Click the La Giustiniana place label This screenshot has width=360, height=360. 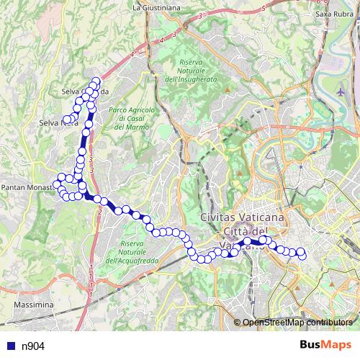click(156, 8)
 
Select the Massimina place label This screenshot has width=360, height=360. click(34, 305)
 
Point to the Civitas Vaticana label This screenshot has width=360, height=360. click(242, 217)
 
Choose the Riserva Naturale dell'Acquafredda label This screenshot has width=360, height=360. click(134, 251)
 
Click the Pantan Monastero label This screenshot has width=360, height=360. click(27, 186)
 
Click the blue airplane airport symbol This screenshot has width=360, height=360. click(341, 92)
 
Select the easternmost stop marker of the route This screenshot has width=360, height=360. click(302, 256)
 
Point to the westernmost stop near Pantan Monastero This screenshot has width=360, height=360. click(56, 186)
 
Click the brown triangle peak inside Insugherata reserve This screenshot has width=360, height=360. click(227, 90)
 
